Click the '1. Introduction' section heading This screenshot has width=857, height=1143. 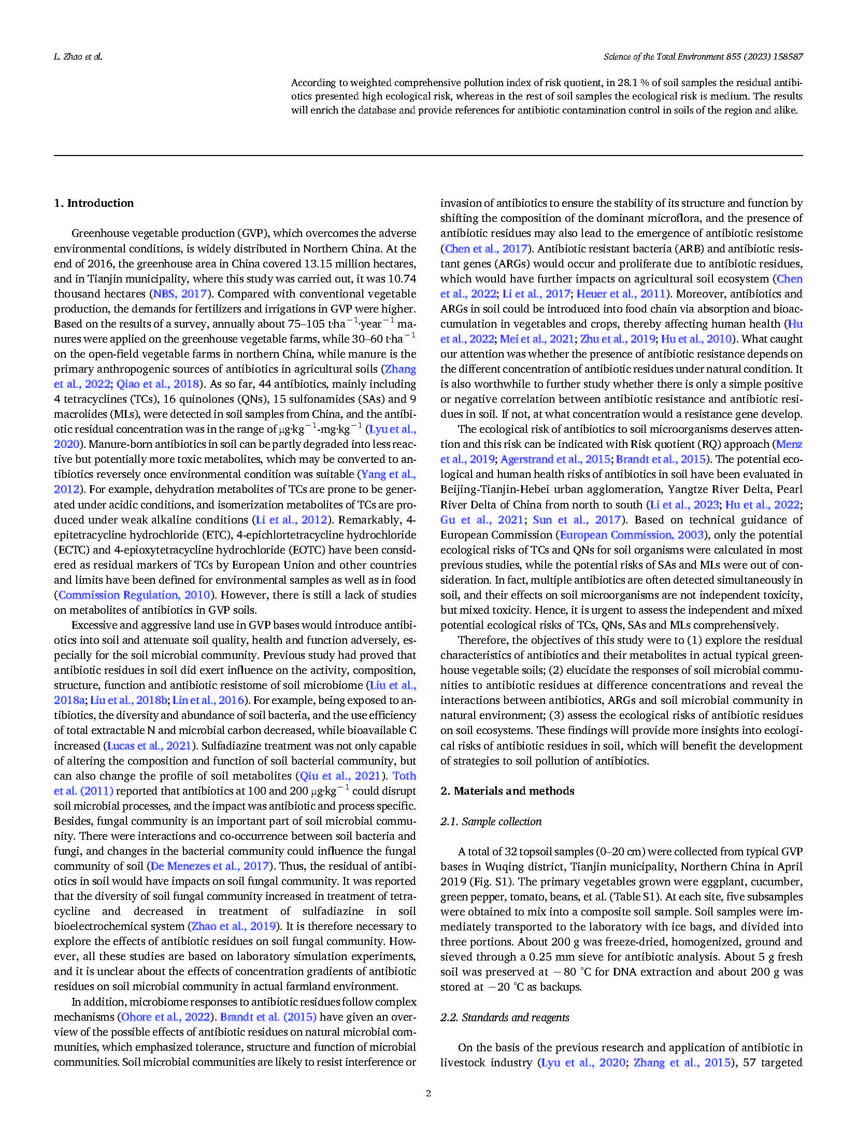pos(93,203)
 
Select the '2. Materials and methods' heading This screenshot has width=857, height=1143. pos(507,791)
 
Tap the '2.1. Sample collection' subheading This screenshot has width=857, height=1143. pos(490,821)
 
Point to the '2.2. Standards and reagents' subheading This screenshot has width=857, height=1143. pos(504,1017)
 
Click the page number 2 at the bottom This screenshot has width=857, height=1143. pos(428,1093)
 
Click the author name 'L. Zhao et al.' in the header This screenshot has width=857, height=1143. pos(78,57)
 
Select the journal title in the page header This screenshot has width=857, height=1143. pos(703,57)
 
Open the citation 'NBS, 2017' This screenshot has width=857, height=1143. pos(180,293)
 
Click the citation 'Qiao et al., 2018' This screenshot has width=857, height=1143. pos(158,384)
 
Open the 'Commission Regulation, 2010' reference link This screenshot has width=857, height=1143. pos(134,595)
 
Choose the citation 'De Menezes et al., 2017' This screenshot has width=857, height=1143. pos(210,866)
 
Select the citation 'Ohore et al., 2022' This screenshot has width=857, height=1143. pos(166,1017)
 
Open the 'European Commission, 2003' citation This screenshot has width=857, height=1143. pos(632,534)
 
